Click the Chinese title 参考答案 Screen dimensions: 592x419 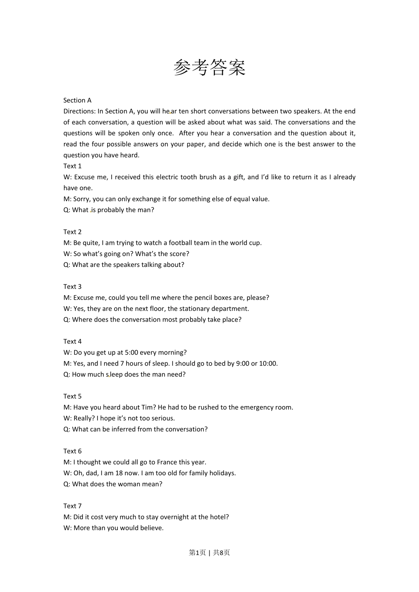click(209, 67)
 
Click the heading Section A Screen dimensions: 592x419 click(77, 100)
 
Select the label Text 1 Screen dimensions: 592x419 click(72, 166)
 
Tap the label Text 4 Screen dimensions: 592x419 click(72, 341)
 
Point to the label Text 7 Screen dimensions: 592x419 click(72, 506)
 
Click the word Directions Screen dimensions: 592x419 click(79, 111)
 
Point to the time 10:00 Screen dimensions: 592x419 click(268, 363)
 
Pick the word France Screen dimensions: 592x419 click(167, 462)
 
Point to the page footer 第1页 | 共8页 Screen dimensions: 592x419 click(209, 552)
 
